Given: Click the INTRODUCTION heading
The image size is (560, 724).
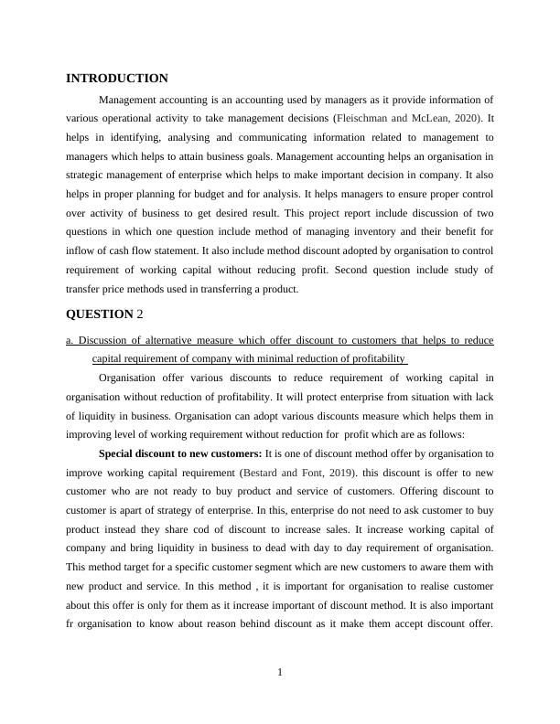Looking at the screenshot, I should coord(117,79).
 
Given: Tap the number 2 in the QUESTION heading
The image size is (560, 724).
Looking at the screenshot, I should coord(140,314).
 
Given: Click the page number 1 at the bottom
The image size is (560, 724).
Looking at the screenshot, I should coord(280,674).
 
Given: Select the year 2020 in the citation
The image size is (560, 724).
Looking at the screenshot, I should coord(465,118).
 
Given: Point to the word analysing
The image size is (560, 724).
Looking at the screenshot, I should coord(183,137).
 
